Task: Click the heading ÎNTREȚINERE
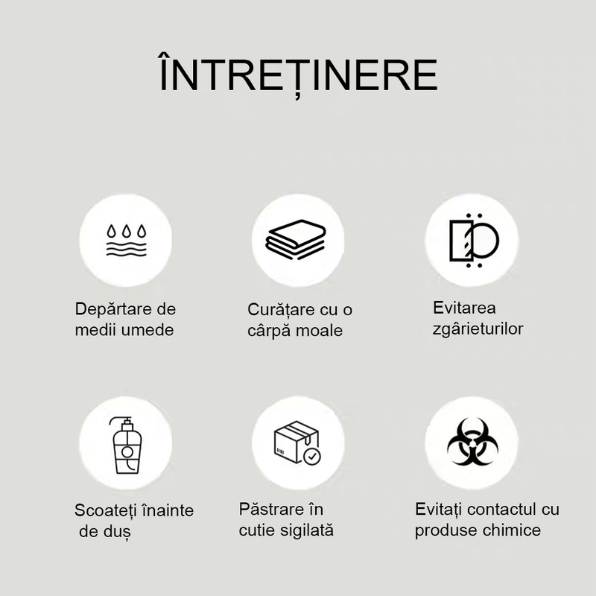tap(299, 74)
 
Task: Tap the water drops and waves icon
tap(126, 240)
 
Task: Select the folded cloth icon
tap(296, 239)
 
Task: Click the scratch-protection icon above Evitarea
tap(474, 240)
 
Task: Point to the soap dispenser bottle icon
tap(127, 445)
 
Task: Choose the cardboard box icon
tap(297, 443)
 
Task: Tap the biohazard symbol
tap(472, 442)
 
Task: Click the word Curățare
tap(282, 310)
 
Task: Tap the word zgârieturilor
tap(478, 329)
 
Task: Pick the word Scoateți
tap(105, 510)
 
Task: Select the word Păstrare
tap(270, 510)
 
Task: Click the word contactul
tap(501, 510)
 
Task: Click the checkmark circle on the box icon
tap(312, 456)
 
